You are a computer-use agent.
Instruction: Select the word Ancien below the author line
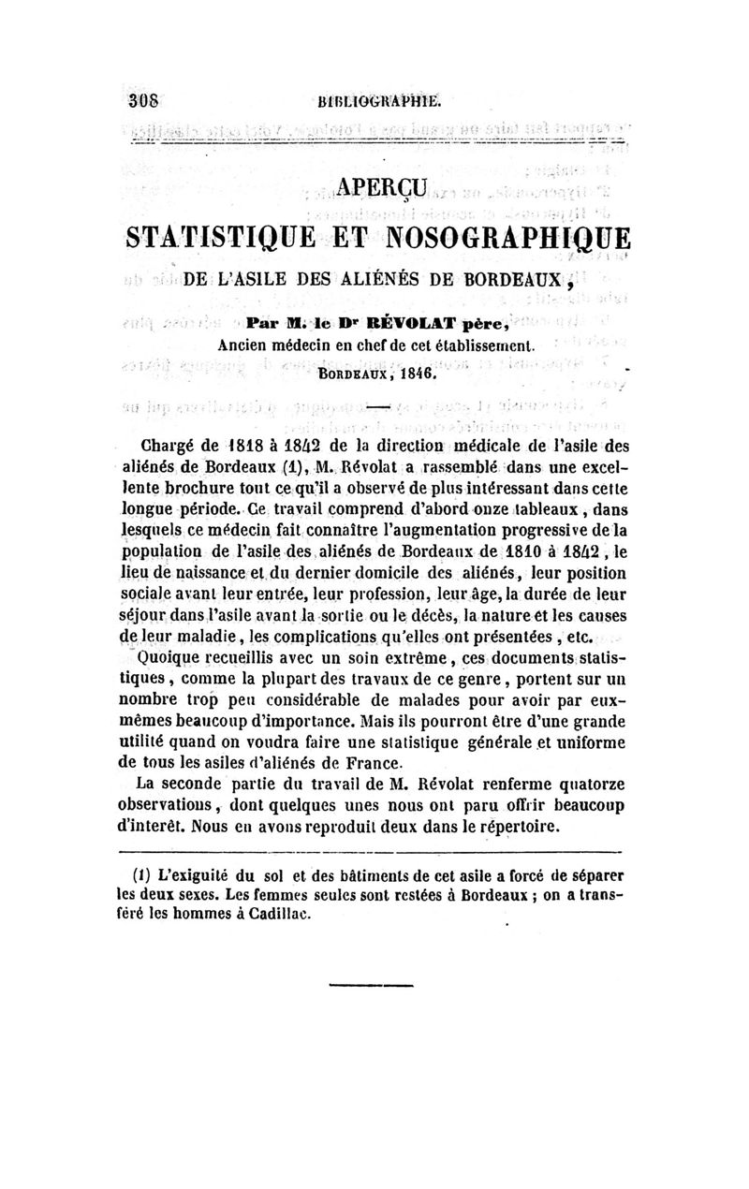(245, 345)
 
